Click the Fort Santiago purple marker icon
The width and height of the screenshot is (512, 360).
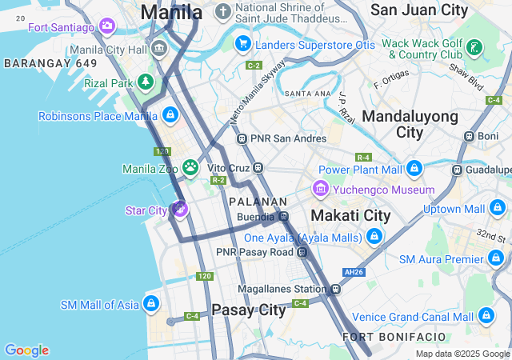107,27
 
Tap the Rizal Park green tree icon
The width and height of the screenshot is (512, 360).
145,82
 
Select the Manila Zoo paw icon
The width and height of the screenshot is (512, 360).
190,167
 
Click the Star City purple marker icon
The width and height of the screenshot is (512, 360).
179,210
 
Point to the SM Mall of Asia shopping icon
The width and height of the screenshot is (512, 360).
150,304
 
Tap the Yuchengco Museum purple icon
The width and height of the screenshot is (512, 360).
321,190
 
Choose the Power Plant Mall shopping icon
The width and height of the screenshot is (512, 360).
414,169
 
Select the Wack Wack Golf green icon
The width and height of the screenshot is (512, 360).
474,48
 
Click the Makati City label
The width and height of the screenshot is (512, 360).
350,215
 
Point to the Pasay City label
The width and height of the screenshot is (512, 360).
248,310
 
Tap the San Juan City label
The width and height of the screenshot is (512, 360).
419,10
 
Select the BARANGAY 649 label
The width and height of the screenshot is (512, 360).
50,62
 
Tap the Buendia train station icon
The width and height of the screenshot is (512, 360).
283,216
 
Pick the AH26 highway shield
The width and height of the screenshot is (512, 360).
353,271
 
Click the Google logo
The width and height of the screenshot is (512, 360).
26,350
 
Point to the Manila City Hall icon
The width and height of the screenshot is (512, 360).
159,50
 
